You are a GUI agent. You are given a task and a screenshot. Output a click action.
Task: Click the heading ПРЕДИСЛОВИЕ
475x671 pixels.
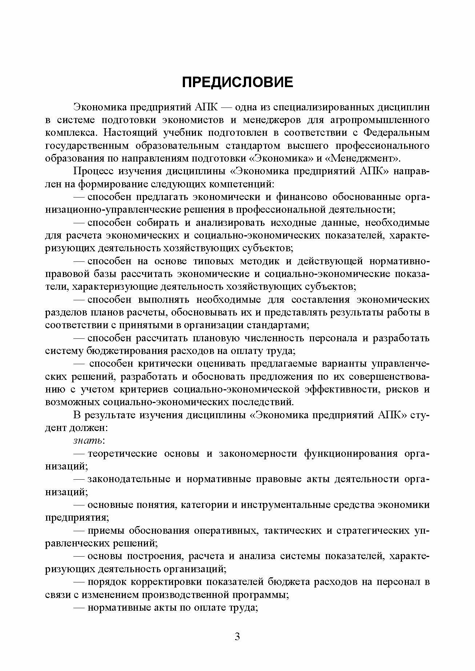click(x=237, y=82)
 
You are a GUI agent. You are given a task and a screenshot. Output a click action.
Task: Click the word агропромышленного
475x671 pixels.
click(x=381, y=120)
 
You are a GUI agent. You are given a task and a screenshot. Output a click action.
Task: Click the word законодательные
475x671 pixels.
click(x=129, y=479)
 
